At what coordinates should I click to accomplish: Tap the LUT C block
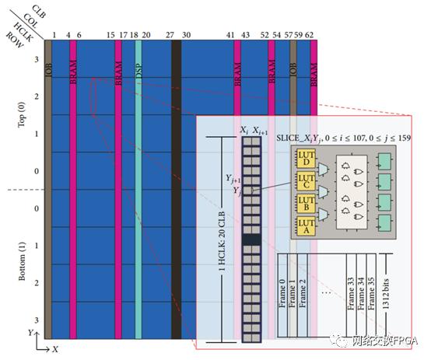click(x=304, y=181)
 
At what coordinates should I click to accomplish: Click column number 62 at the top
click(x=310, y=35)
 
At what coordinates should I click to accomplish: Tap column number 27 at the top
click(x=170, y=35)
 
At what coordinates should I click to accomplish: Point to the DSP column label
click(x=138, y=72)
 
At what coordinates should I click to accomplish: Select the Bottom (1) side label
click(x=21, y=264)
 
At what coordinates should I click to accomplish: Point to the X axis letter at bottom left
click(x=54, y=349)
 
